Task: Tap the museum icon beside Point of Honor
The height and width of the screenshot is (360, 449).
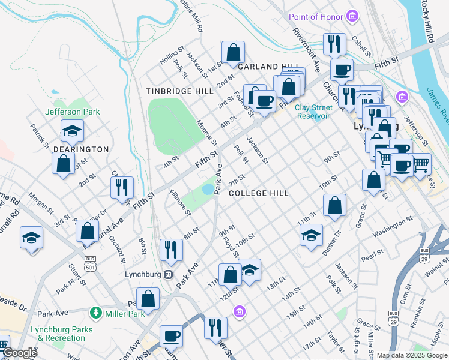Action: coord(353,16)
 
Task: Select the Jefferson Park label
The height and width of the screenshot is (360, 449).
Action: coord(72,112)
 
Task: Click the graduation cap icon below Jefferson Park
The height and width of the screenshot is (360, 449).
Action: coord(72,130)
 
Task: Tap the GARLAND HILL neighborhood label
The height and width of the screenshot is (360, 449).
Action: coord(266,67)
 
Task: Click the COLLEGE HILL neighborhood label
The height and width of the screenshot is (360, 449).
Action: coord(258,193)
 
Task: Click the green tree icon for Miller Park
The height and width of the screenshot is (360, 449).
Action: coord(95,313)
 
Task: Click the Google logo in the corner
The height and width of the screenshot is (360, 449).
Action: coord(19,353)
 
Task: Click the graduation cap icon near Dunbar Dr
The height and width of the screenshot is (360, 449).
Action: coord(311,235)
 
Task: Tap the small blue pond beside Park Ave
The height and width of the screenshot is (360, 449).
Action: coord(208,190)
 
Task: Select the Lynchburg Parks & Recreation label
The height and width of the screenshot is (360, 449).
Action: coord(65,334)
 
